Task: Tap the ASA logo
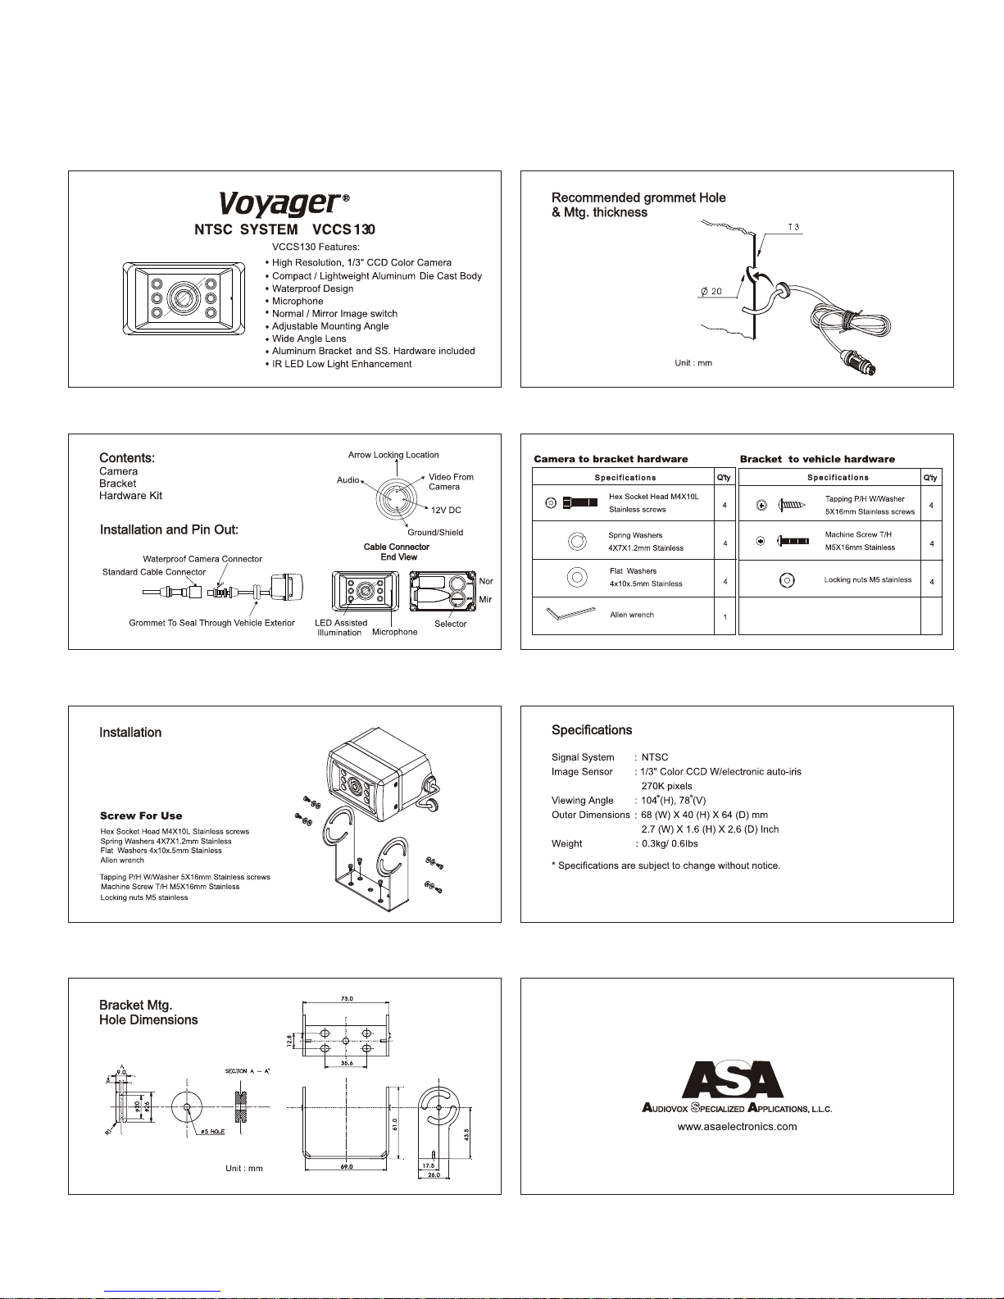click(734, 1079)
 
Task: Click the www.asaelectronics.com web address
click(737, 1126)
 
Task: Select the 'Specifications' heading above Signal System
click(592, 730)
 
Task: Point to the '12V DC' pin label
click(446, 510)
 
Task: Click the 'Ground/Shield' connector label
click(435, 533)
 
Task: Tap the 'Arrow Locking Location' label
click(393, 455)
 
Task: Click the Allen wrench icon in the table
click(570, 614)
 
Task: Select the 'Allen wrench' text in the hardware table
click(632, 615)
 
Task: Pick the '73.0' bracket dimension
click(347, 999)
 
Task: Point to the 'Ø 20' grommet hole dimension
click(711, 291)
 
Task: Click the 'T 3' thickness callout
click(793, 227)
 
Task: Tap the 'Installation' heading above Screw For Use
click(130, 733)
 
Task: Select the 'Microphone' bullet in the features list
click(298, 301)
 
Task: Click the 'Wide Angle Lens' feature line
click(309, 338)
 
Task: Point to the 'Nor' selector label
click(486, 581)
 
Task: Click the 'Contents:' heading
click(127, 458)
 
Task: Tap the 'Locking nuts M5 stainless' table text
click(868, 579)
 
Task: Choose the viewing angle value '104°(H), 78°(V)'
click(673, 801)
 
